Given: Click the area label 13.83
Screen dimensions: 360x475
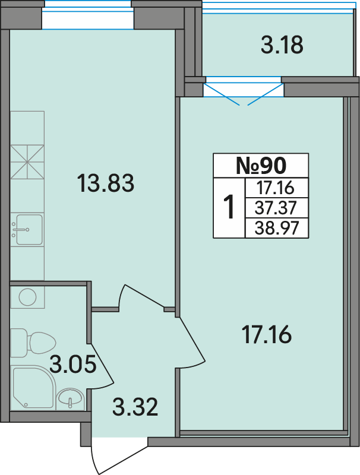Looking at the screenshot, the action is [106, 183].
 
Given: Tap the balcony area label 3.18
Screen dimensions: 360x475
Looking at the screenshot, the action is [282, 45].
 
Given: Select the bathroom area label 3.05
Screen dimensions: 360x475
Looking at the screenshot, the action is [72, 364].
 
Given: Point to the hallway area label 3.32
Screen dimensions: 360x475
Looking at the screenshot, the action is [135, 407].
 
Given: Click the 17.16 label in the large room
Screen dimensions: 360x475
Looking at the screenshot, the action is [267, 334].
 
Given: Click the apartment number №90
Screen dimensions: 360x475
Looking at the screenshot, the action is [261, 166].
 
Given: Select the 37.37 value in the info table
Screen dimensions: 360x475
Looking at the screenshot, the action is [276, 208].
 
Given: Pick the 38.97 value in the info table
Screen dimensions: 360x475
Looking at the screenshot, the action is [277, 228].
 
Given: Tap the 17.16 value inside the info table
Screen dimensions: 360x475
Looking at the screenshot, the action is [276, 188].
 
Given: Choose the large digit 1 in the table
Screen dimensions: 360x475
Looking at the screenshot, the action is [229, 207].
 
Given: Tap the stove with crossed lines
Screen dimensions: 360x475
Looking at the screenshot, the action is [27, 162].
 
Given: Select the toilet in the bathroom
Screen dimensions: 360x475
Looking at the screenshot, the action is [33, 343].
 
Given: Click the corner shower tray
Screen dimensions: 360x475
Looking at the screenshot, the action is [33, 387].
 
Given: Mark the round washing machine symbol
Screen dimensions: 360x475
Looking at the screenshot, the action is [27, 297].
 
